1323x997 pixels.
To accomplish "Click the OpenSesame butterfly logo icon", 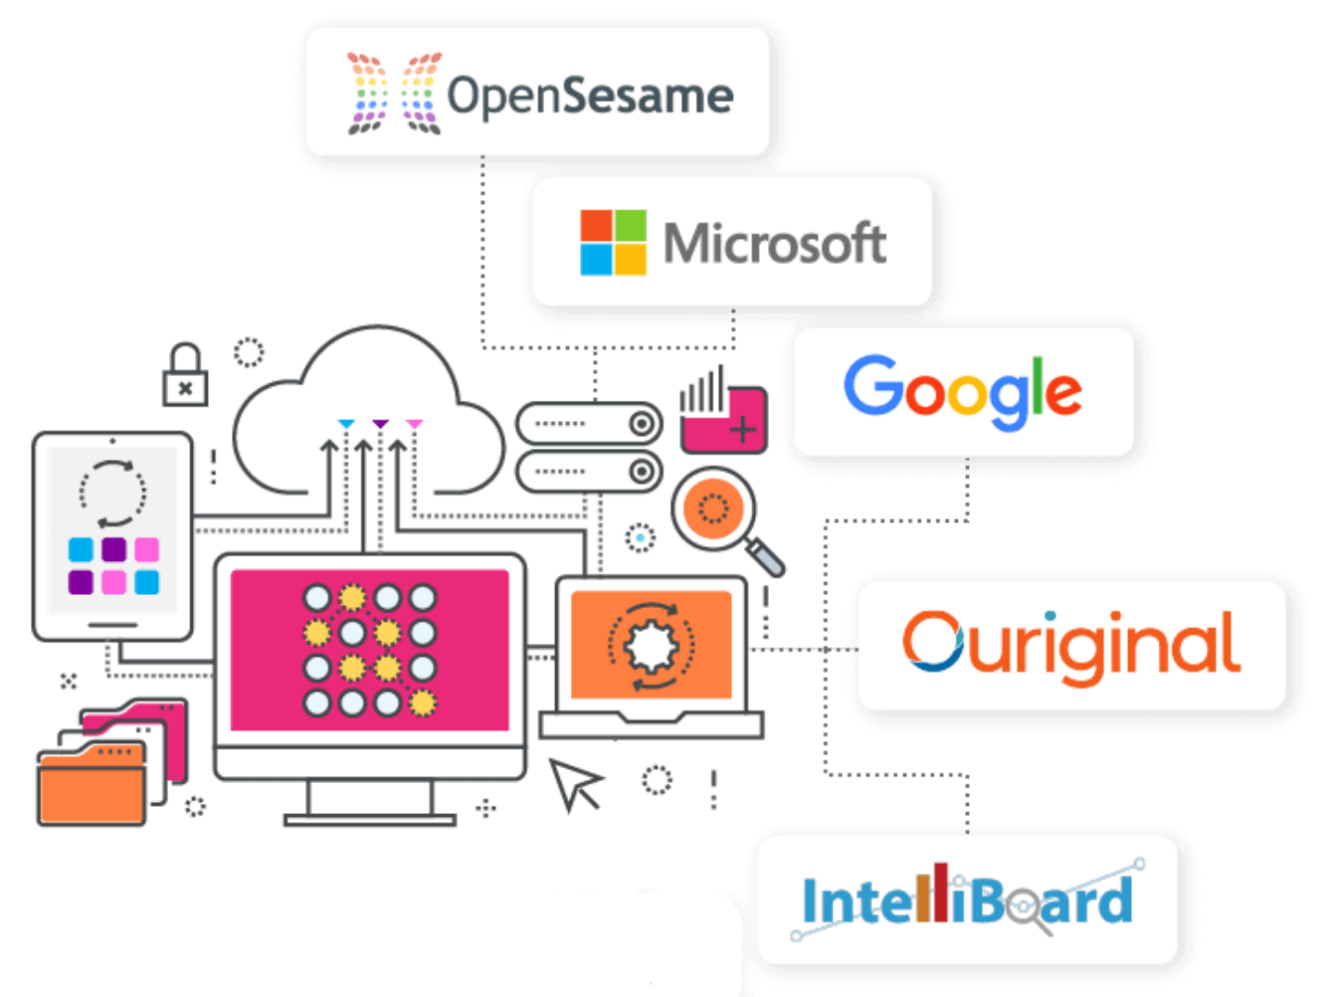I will pyautogui.click(x=394, y=94).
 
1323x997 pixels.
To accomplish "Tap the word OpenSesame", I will pyautogui.click(x=590, y=96).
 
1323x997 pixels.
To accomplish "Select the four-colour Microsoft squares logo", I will pyautogui.click(x=613, y=242).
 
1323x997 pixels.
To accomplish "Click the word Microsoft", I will pyautogui.click(x=774, y=243).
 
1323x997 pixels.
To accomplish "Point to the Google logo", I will pyautogui.click(x=962, y=390).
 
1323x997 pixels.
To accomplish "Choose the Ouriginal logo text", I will pyautogui.click(x=1070, y=645).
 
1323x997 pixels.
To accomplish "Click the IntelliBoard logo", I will pyautogui.click(x=967, y=899).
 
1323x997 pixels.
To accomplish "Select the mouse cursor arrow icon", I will pyautogui.click(x=574, y=783).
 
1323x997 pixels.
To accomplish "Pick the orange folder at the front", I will pyautogui.click(x=91, y=787).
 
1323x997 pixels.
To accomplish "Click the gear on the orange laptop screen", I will pyautogui.click(x=651, y=646).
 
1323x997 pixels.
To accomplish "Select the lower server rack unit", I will pyautogui.click(x=589, y=471).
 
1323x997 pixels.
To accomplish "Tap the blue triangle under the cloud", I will pyautogui.click(x=345, y=425).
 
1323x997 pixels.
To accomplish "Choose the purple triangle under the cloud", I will pyautogui.click(x=380, y=425).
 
